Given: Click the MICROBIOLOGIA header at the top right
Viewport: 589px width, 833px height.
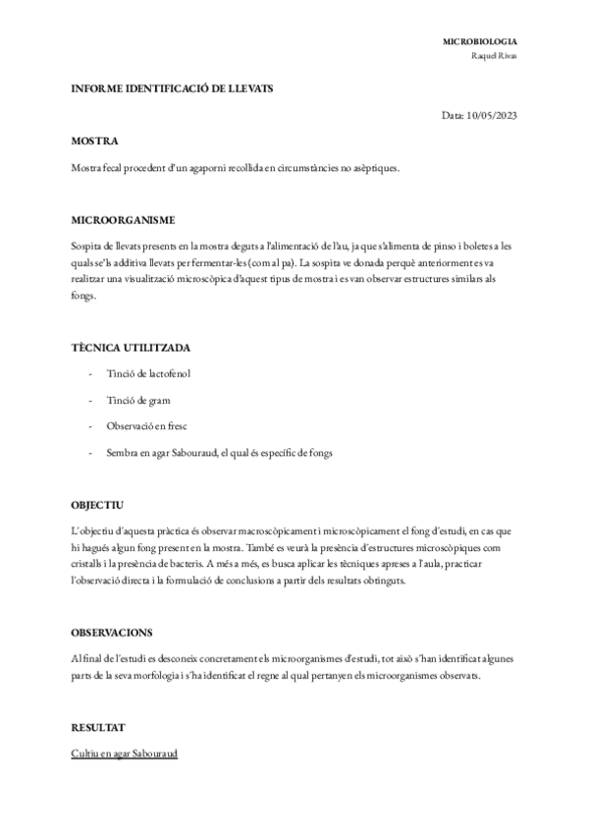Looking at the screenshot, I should tap(480, 42).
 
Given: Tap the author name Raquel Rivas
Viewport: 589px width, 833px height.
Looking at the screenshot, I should tap(495, 55).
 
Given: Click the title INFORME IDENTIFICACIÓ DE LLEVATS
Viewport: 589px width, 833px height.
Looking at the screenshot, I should tap(172, 88).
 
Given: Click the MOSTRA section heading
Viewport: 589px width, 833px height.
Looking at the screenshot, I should tap(95, 141).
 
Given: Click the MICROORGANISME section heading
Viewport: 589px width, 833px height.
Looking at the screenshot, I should tap(124, 220).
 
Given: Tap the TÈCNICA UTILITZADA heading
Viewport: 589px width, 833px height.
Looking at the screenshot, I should tap(131, 348).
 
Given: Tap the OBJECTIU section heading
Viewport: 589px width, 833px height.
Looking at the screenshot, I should tap(97, 504).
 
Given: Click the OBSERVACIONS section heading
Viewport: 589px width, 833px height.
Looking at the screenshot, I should tap(118, 632).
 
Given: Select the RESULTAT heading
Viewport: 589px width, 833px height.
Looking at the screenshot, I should tap(98, 728).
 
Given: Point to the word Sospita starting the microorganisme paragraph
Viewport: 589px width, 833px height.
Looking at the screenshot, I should tap(87, 246).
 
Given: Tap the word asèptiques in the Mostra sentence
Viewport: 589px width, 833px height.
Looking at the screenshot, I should tap(374, 168).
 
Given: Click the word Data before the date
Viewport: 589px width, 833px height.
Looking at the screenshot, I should tap(453, 116).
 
